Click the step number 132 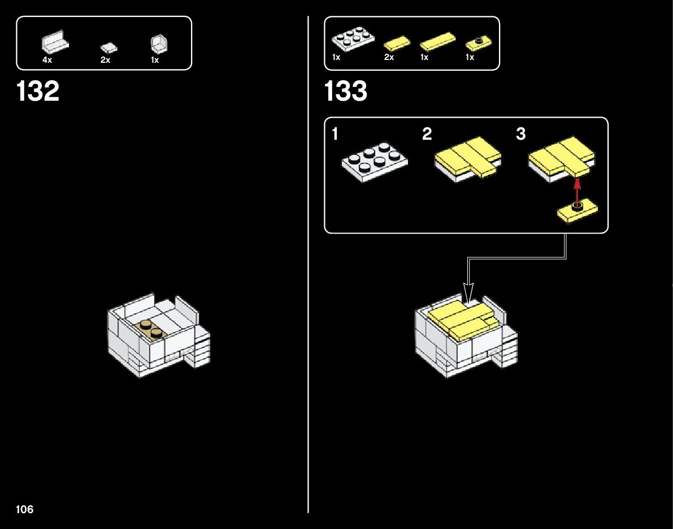coord(38,92)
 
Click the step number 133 coord(346,92)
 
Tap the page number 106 coord(25,509)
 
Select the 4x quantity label coord(47,60)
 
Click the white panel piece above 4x coord(55,42)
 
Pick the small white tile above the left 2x coord(107,48)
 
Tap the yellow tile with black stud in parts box coord(478,43)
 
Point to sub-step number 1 coord(335,134)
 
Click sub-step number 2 coord(427,134)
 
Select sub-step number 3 coord(520,134)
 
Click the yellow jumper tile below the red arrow coord(578,212)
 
